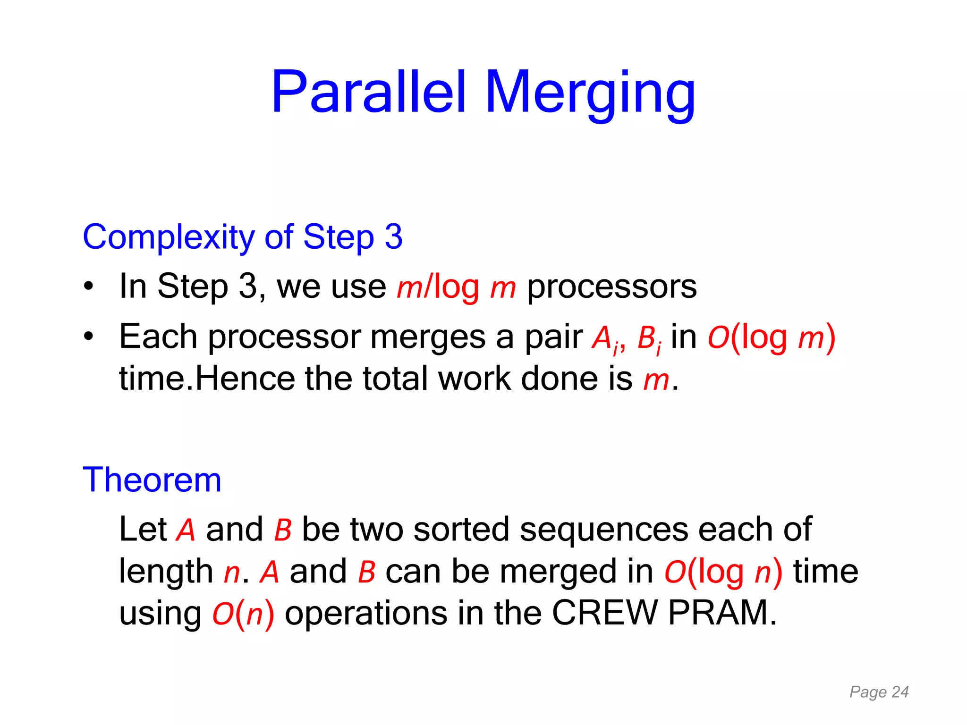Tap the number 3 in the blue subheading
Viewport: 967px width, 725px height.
coord(393,236)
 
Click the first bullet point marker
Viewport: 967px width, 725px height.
coord(88,287)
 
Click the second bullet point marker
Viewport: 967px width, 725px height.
coord(88,337)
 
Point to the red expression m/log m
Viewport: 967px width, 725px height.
coord(456,287)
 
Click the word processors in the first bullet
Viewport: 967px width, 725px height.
coord(611,287)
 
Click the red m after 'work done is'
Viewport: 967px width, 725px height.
coord(656,379)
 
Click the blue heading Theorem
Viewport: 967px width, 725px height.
coord(152,480)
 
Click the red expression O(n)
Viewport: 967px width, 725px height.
coord(243,614)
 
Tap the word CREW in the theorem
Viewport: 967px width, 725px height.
coord(604,613)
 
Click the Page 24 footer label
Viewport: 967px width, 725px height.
coord(879,692)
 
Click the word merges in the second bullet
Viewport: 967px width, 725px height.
coord(427,337)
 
